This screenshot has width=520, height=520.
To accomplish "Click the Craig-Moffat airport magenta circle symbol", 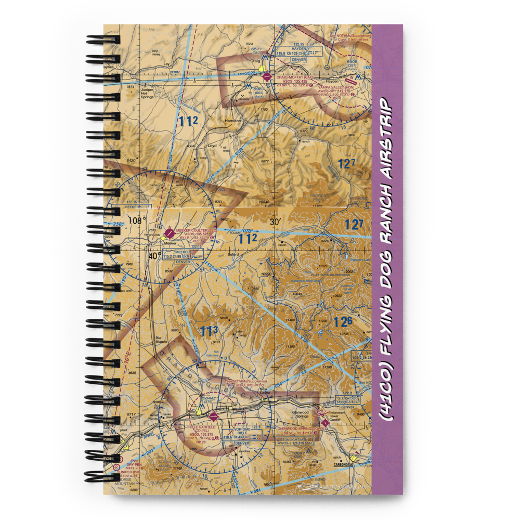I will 267,76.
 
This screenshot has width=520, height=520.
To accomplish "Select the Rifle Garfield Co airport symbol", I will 213,416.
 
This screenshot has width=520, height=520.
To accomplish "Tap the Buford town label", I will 233,255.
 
